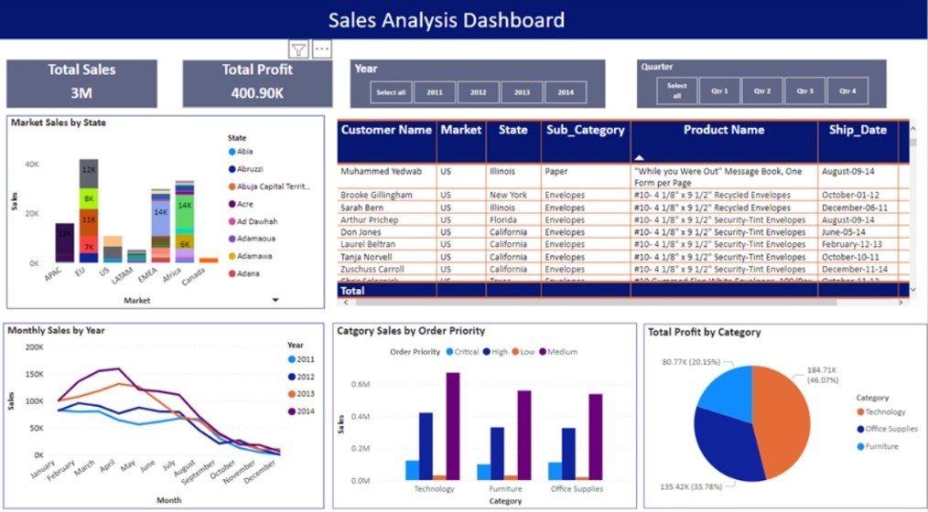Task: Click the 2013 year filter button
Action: coord(522,92)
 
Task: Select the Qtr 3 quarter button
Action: coord(804,91)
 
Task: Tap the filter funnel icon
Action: coord(298,49)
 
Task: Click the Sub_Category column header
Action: coord(585,130)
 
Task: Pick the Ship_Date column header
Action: coord(858,130)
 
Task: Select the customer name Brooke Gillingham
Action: coord(376,195)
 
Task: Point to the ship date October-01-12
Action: coord(850,195)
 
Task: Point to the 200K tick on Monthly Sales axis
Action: coord(33,347)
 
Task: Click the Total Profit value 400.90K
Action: coord(257,92)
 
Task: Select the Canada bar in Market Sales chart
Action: coord(209,260)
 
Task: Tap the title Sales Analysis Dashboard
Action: coord(446,20)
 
